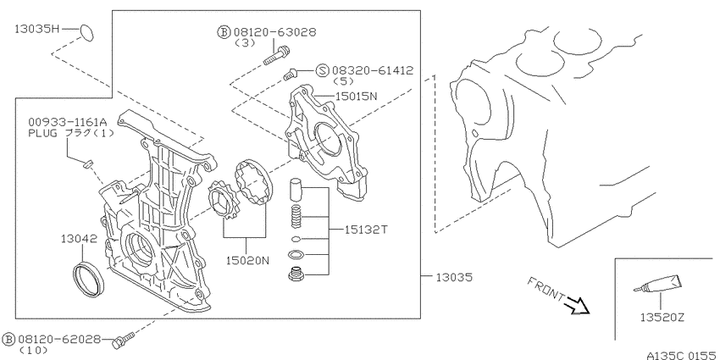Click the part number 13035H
tap(37, 29)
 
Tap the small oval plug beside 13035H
tap(86, 32)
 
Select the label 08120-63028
tap(274, 32)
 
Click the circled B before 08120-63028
tap(224, 32)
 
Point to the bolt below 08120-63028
tap(276, 56)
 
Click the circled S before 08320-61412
tap(323, 70)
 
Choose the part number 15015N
tap(356, 96)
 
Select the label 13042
tap(79, 239)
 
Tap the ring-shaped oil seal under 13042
tap(89, 279)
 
